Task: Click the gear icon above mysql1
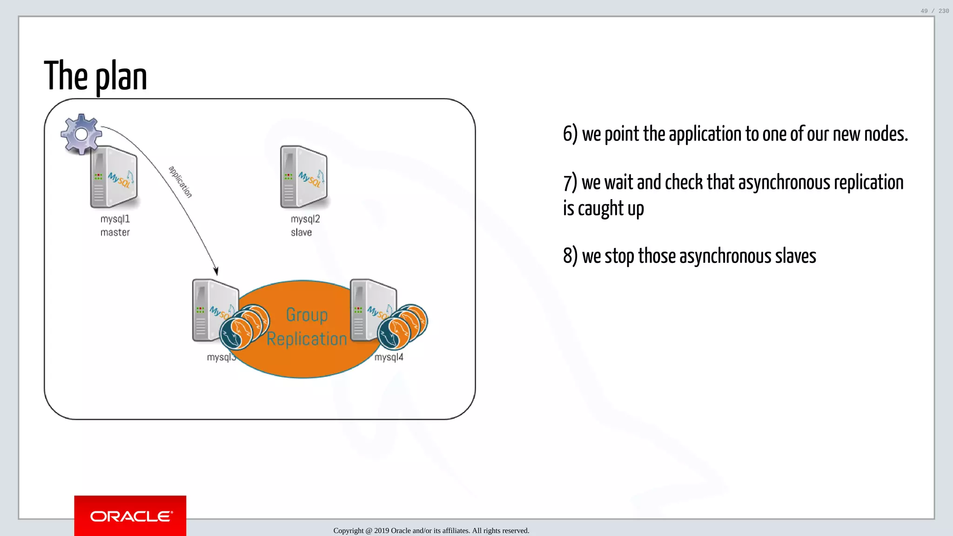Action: coord(81,134)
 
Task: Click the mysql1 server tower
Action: coord(114,177)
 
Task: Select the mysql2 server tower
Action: coord(303,177)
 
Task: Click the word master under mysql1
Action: coord(115,232)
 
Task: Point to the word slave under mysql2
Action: coord(301,232)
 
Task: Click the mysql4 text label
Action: coord(389,357)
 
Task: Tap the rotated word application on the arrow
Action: coord(180,182)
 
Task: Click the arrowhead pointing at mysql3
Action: coord(216,270)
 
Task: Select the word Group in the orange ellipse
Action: coord(307,315)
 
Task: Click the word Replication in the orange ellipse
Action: coord(307,339)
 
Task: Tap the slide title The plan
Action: coord(95,77)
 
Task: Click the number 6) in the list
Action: coord(570,134)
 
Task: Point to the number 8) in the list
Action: coord(570,256)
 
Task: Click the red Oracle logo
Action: coord(130,516)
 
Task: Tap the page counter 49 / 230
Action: coord(934,11)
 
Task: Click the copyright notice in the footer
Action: coord(431,530)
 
